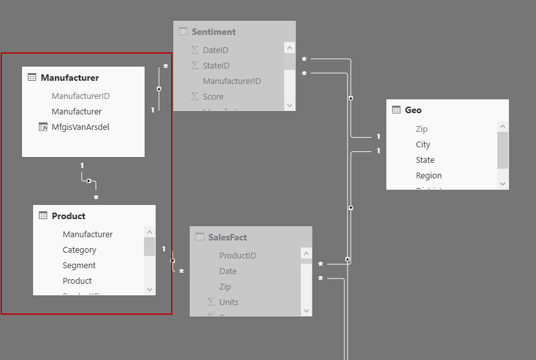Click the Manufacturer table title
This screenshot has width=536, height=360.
point(70,78)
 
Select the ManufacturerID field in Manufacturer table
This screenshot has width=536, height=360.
point(80,96)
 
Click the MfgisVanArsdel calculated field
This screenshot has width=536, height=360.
point(80,127)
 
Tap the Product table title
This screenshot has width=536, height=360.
point(68,216)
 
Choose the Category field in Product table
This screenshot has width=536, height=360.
point(79,249)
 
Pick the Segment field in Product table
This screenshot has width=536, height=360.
point(79,265)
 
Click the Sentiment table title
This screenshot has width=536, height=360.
point(214,32)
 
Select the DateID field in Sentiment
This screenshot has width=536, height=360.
point(215,50)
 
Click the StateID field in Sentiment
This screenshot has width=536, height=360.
point(216,65)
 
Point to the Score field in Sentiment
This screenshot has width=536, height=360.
point(213,96)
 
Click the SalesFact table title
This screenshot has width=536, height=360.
point(227,237)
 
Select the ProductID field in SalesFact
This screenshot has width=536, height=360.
point(238,255)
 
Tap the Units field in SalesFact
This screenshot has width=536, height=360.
point(229,302)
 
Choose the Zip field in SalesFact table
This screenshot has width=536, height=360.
point(225,286)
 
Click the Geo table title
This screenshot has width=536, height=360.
point(413,110)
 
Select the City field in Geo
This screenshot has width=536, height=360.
point(423,144)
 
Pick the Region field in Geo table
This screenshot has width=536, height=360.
point(429,175)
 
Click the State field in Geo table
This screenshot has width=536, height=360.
point(425,160)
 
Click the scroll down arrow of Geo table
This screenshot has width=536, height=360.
point(502,184)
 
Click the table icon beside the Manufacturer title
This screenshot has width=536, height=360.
point(32,78)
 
